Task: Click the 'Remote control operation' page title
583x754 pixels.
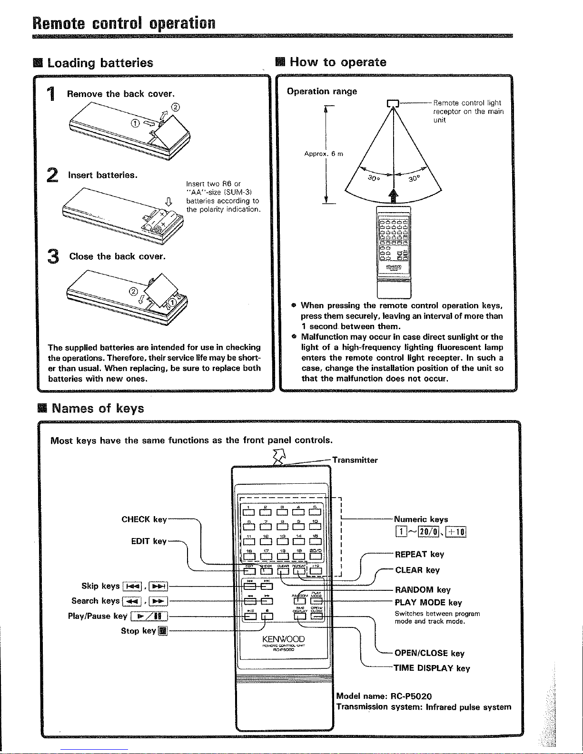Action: pos(124,22)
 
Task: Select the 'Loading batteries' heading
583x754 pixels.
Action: pos(100,63)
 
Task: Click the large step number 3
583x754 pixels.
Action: pos(54,257)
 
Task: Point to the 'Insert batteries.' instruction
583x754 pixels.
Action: pos(103,175)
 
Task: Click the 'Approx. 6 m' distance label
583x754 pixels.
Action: pos(324,154)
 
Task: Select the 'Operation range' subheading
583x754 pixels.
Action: pos(322,91)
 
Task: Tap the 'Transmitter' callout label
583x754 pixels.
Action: pos(355,460)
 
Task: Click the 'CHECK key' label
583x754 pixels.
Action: pos(144,519)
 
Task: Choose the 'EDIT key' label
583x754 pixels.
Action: pos(148,541)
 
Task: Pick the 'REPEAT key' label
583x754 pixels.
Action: pos(419,554)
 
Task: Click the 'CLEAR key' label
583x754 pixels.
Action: pos(417,570)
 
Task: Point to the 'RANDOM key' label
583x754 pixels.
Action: pos(423,590)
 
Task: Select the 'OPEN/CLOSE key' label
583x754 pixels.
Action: pos(429,653)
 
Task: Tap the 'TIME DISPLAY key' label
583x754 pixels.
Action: pos(432,668)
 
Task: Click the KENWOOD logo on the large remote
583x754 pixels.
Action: pos(283,639)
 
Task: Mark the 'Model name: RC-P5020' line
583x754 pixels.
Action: pos(384,696)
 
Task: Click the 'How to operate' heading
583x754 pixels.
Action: pos(338,62)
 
